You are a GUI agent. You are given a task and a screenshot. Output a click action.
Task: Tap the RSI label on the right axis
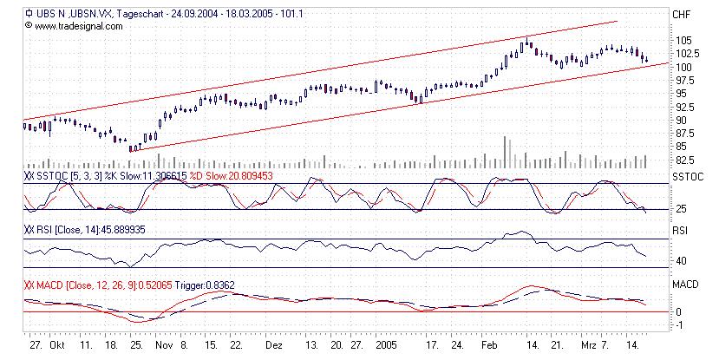[680, 232]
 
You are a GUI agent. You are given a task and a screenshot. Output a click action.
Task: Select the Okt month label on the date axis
[56, 344]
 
